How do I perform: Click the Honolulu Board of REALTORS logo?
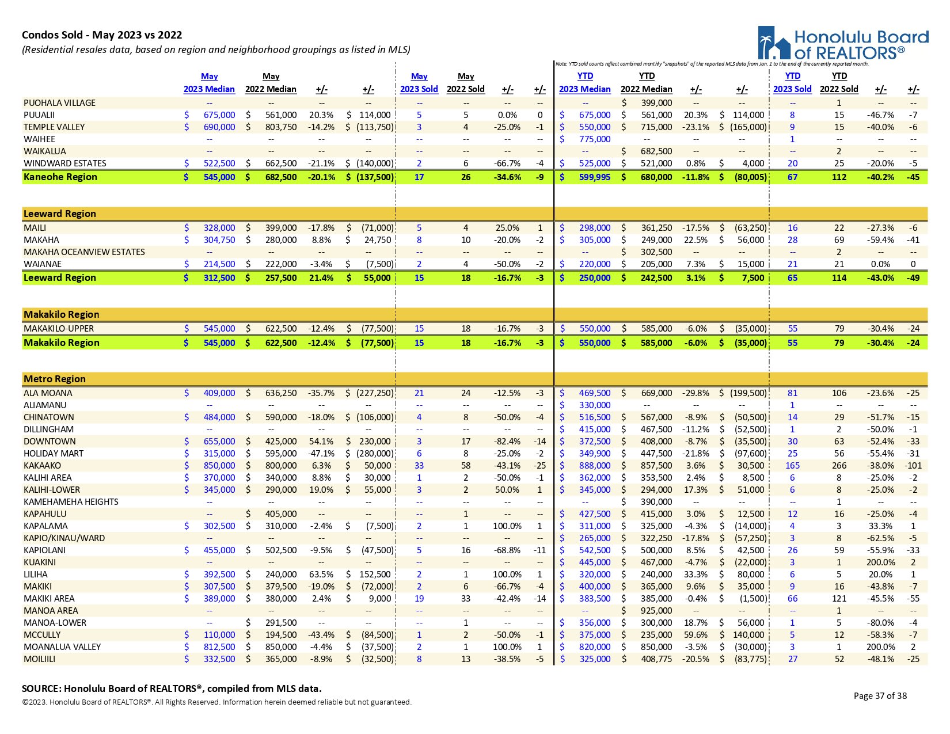(x=843, y=44)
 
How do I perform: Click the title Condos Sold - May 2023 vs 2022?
(x=102, y=35)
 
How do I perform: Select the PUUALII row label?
(x=39, y=115)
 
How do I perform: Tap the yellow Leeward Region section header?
(x=60, y=214)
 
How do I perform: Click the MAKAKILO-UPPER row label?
(x=59, y=329)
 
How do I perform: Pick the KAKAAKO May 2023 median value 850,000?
(x=219, y=466)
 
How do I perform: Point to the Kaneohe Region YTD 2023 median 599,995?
(x=594, y=177)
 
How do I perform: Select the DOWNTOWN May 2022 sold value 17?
(x=466, y=442)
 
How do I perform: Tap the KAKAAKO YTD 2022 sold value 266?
(x=839, y=466)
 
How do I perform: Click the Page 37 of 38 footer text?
(x=880, y=696)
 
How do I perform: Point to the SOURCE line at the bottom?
(x=172, y=689)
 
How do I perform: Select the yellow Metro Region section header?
(x=55, y=379)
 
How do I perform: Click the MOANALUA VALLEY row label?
(x=62, y=647)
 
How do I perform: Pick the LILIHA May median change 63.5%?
(x=321, y=575)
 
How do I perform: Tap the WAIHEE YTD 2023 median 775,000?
(x=594, y=139)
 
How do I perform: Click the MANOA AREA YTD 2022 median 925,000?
(x=656, y=611)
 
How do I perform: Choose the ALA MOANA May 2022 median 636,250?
(x=280, y=393)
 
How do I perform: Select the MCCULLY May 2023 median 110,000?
(x=219, y=635)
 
